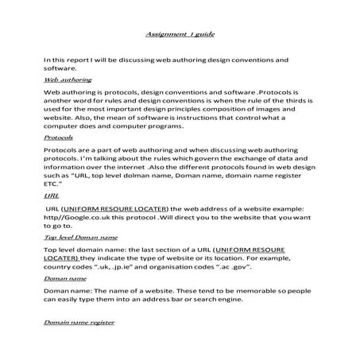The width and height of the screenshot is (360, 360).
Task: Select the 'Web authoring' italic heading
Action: pyautogui.click(x=67, y=80)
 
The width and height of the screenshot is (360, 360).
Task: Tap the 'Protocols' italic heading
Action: pyautogui.click(x=61, y=137)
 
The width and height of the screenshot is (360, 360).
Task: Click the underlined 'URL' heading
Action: pyautogui.click(x=50, y=195)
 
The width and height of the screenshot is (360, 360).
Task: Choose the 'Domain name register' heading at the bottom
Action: pyautogui.click(x=79, y=323)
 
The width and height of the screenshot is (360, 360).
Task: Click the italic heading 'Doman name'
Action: pyautogui.click(x=66, y=280)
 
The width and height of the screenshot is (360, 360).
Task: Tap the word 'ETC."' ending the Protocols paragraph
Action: pyautogui.click(x=54, y=183)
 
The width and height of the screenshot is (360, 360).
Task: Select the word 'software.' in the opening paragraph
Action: pyautogui.click(x=61, y=68)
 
